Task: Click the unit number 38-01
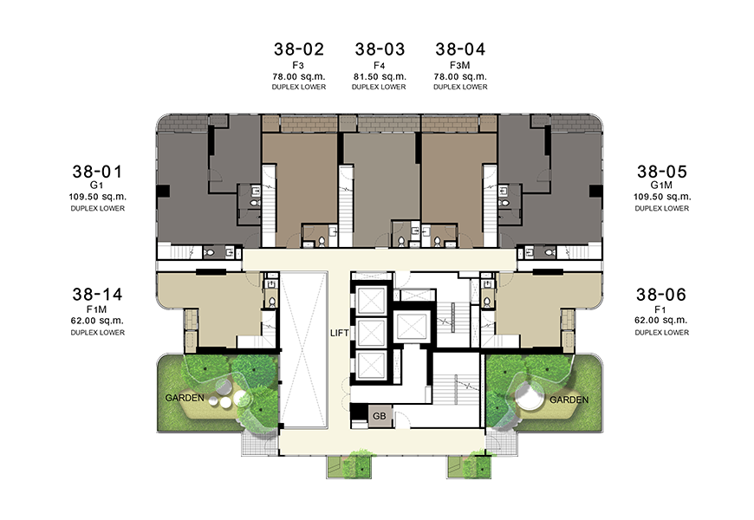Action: tap(98, 172)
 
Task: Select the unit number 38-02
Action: tap(299, 49)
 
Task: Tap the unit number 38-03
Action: tap(380, 49)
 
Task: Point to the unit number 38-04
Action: tap(460, 49)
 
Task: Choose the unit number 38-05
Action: tap(662, 172)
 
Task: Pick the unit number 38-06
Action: tap(661, 295)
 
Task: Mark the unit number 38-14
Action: tap(98, 295)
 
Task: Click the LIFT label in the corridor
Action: tap(340, 333)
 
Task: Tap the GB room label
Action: tap(380, 416)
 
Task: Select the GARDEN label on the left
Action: tap(185, 398)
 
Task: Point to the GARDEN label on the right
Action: tap(569, 400)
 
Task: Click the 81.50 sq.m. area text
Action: tap(380, 76)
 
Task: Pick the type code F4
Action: tap(380, 65)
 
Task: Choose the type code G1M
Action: tap(661, 185)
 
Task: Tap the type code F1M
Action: tap(97, 309)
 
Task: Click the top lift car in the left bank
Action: tap(372, 299)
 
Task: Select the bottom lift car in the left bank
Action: tap(372, 364)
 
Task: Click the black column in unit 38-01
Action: tap(164, 191)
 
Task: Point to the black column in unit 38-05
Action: tap(595, 191)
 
